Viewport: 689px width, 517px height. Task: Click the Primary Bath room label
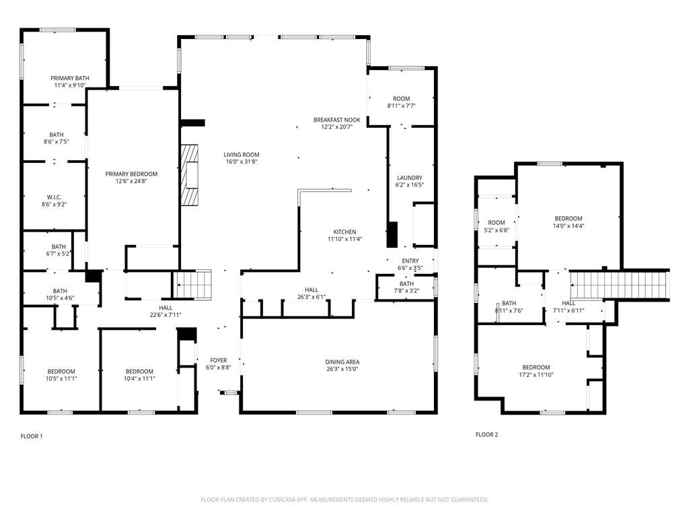click(71, 78)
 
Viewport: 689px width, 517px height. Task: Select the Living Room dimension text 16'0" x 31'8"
click(242, 162)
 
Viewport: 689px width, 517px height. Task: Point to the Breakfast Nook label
click(336, 120)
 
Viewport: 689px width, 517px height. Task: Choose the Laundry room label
click(410, 178)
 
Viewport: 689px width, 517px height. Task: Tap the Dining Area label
click(342, 361)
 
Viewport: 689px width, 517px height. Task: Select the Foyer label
click(218, 360)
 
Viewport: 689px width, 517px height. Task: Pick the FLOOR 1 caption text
click(32, 436)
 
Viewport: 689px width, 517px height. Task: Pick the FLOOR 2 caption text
click(486, 434)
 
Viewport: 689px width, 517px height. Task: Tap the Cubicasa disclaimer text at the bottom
click(344, 499)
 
